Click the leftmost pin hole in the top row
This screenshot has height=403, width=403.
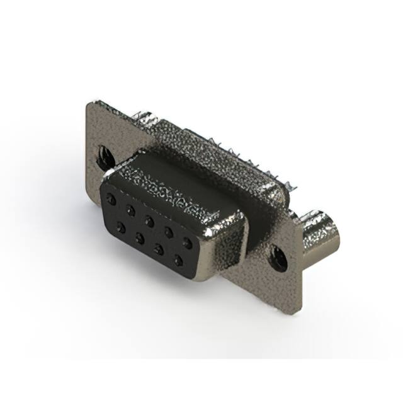tap(111, 199)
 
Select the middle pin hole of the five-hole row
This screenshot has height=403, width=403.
tap(149, 220)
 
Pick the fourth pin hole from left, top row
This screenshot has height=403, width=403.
tap(168, 230)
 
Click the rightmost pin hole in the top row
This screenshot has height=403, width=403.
tap(187, 241)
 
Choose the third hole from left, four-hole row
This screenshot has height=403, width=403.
tap(159, 249)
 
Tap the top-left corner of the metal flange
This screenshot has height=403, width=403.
tap(88, 104)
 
